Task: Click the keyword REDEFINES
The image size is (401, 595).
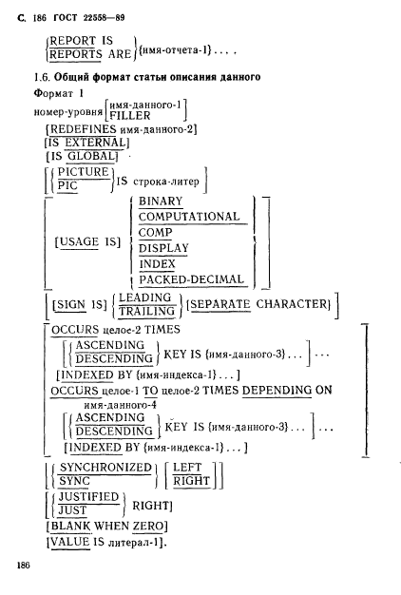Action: coord(83,129)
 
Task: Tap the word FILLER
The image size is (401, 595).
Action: coord(130,115)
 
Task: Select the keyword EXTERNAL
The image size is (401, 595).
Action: coord(95,143)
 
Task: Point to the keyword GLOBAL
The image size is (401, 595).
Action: coord(90,156)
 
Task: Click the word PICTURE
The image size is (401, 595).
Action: coord(84,172)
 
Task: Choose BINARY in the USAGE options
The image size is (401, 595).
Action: coord(161,202)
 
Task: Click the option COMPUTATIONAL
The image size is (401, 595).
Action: coord(189,217)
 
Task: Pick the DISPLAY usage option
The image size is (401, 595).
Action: coord(163,248)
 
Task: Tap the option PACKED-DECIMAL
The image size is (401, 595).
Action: coord(191,279)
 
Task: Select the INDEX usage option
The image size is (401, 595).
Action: coord(158,264)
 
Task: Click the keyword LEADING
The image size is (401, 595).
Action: coord(145,297)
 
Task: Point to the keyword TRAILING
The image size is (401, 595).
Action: coord(146,312)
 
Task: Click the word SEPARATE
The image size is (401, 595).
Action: coord(220,304)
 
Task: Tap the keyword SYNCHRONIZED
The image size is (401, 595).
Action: coord(105,468)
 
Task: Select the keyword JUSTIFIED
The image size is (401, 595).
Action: coord(88,497)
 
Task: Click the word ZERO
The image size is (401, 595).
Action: coord(148,527)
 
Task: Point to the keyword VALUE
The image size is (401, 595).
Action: coord(70,542)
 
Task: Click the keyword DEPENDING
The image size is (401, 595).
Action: coord(277,391)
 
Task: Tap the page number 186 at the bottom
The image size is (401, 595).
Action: coord(23,566)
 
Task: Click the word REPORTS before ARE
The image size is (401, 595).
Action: coord(76,54)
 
